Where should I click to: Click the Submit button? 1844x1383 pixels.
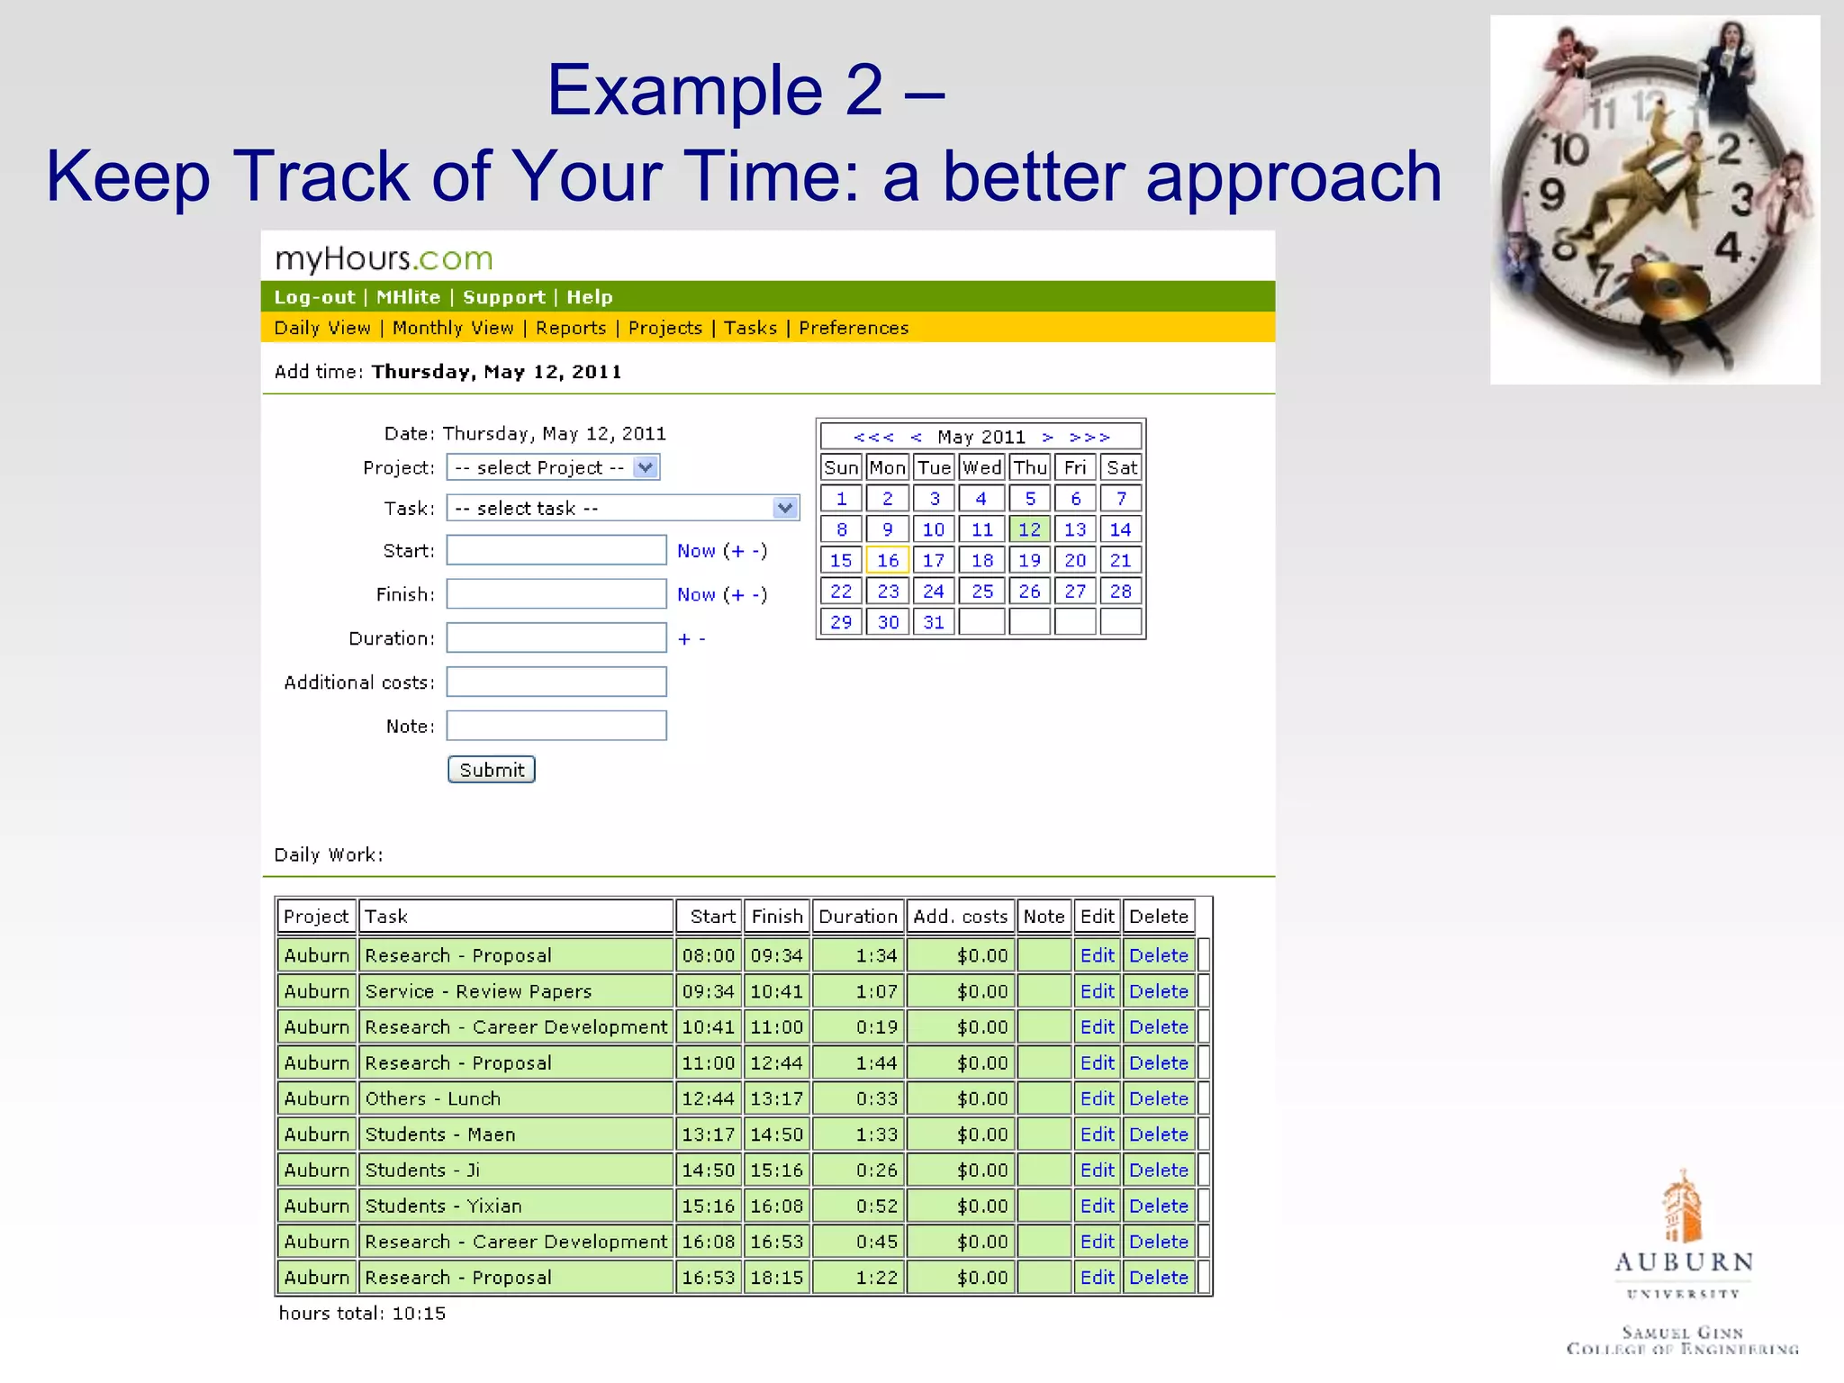(491, 770)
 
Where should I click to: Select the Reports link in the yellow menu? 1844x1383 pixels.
(571, 328)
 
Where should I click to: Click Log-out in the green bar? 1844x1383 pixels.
(314, 297)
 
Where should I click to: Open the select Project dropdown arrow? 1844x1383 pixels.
(646, 467)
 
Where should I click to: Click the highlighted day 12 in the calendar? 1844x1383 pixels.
(1029, 529)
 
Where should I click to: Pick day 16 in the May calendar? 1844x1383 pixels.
(888, 560)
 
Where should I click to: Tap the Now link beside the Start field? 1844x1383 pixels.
(696, 551)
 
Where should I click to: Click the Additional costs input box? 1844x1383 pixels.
(556, 682)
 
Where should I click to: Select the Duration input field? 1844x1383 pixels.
(556, 637)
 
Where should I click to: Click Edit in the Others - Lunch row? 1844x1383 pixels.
(1097, 1098)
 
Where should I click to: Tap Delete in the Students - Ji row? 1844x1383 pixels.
(1159, 1170)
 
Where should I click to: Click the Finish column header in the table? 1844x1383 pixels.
(776, 917)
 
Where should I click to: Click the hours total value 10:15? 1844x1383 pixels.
(419, 1313)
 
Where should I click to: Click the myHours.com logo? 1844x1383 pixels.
(384, 259)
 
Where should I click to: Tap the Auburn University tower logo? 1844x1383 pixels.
(1681, 1207)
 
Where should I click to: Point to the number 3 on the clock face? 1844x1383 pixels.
(1742, 199)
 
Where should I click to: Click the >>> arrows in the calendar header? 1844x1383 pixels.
(1089, 437)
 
